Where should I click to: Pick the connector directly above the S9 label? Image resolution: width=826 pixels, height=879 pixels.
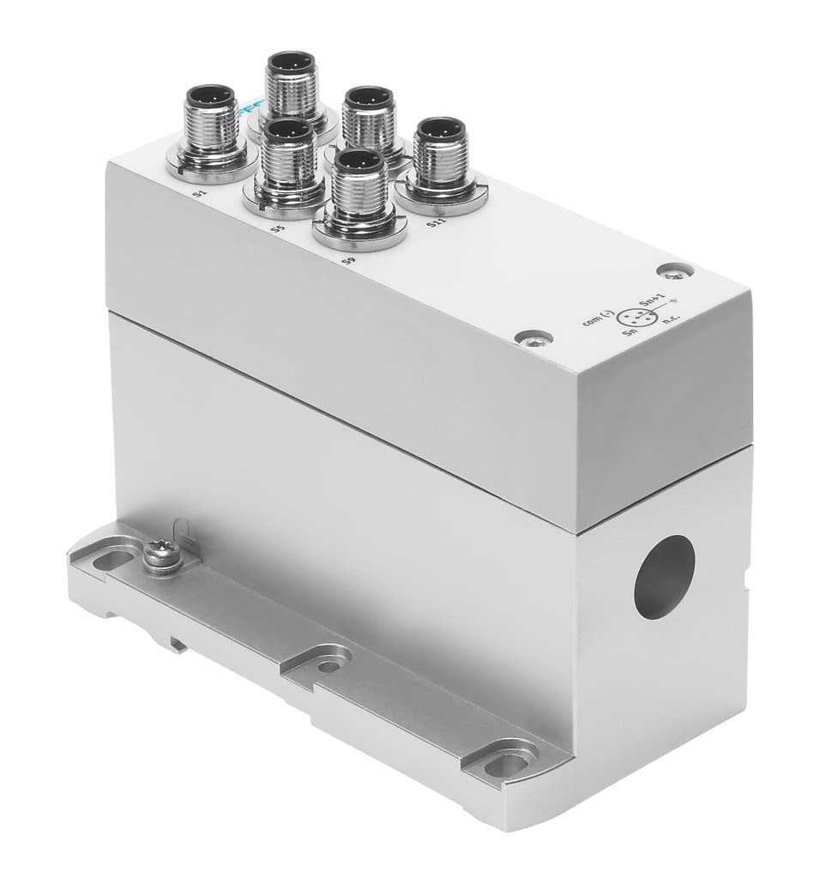tap(360, 193)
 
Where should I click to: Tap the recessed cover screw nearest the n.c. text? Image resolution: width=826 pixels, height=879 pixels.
tap(676, 272)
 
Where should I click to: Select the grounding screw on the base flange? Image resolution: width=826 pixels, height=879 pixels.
tap(160, 555)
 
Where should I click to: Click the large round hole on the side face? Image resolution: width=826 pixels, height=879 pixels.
tap(665, 578)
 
